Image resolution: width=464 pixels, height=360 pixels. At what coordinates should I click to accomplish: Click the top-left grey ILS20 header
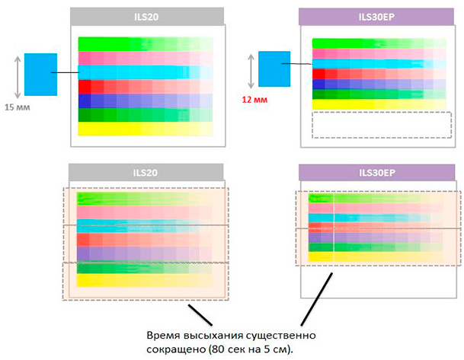[x=146, y=17]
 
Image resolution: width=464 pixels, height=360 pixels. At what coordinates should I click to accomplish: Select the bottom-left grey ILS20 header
[x=145, y=171]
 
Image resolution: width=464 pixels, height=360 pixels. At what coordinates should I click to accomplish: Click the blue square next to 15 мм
[x=40, y=74]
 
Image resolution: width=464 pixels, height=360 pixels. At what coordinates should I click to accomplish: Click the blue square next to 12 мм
[x=274, y=66]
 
